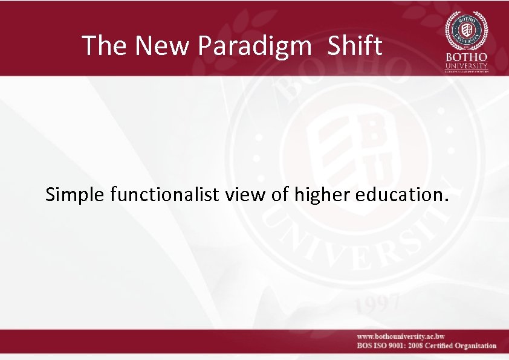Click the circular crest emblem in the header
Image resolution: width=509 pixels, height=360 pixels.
click(x=466, y=30)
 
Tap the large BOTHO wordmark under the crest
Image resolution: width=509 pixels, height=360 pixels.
click(x=466, y=57)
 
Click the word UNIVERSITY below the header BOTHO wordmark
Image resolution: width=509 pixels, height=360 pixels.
click(x=466, y=65)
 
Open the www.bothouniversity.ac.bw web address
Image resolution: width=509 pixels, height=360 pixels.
click(x=401, y=336)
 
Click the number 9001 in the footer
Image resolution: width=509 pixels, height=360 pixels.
click(x=400, y=346)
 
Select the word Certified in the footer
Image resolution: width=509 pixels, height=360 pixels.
click(x=444, y=346)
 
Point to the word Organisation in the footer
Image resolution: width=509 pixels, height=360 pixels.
click(x=478, y=346)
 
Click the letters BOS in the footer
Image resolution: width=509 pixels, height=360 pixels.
click(x=364, y=346)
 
